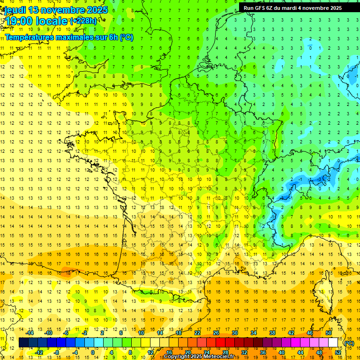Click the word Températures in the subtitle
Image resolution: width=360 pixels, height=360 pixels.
[29, 37]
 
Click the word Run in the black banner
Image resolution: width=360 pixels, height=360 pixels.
[248, 8]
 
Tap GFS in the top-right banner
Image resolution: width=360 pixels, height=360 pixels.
[261, 8]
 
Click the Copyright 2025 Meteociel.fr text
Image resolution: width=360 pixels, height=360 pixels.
[199, 357]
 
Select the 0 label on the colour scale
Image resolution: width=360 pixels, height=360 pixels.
[92, 352]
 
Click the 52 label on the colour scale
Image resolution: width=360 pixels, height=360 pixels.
[338, 352]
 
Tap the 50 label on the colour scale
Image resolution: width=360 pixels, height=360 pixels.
[329, 333]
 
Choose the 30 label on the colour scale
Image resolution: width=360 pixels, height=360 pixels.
[235, 333]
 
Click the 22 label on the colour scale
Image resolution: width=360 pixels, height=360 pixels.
[197, 333]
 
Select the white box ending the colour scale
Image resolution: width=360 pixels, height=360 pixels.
[333, 343]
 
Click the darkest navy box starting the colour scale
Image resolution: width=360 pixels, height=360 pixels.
[23, 343]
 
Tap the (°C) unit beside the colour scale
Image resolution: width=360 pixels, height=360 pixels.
[349, 343]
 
